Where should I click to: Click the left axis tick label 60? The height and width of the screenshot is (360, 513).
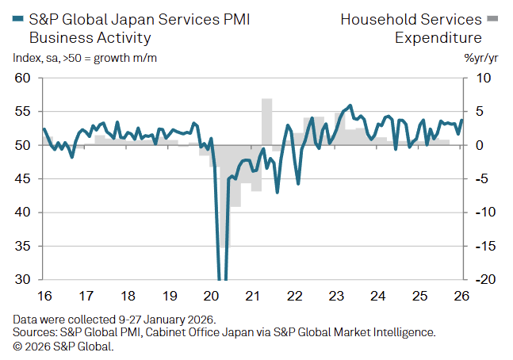[x=22, y=79]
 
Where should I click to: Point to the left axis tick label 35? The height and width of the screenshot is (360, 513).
[x=22, y=246]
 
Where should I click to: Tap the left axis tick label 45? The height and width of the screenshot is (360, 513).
[x=22, y=179]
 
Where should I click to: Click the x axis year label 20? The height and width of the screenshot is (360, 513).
[x=211, y=297]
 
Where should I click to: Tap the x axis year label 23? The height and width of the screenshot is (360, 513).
[x=336, y=297]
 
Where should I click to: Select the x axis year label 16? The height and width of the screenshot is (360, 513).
[x=44, y=297]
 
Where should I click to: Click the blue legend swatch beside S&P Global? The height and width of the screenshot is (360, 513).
[x=19, y=18]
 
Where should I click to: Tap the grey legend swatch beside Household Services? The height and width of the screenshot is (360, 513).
[x=492, y=18]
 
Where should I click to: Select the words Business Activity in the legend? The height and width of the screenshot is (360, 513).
[x=90, y=37]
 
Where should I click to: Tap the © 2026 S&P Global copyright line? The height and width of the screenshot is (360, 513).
[x=63, y=347]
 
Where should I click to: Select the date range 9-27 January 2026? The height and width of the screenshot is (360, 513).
[x=158, y=320]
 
